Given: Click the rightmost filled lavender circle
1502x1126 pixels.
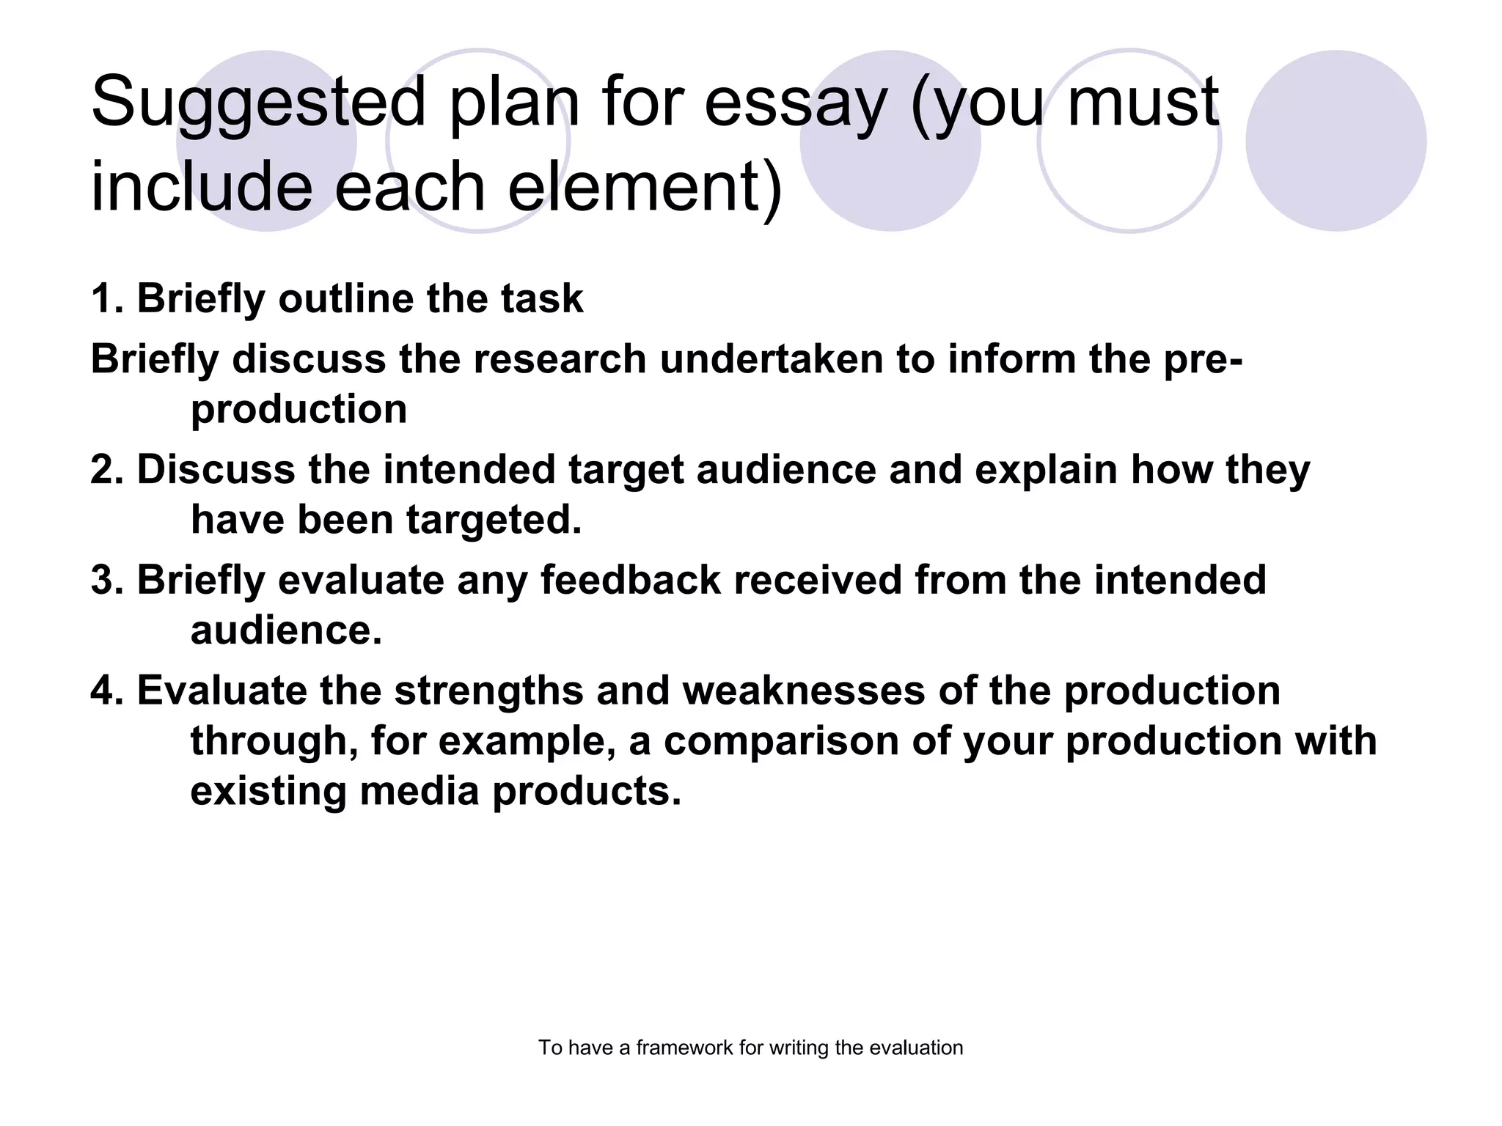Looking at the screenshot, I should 1336,141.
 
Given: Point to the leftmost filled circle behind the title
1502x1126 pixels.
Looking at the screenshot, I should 266,141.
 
